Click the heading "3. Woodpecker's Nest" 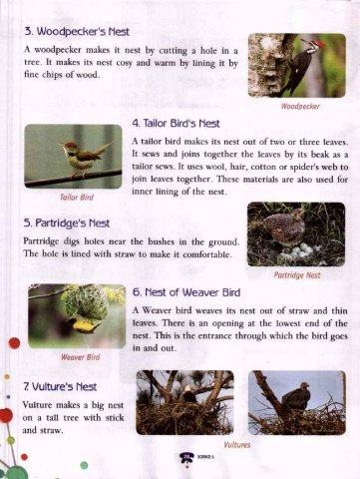coord(77,32)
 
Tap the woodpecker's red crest coord(321,44)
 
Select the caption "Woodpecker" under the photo coord(300,107)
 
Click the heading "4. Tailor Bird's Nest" coord(176,124)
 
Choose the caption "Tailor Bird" coord(77,198)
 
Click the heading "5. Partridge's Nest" coord(67,223)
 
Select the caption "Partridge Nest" coord(297,275)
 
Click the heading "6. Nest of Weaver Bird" coord(186,292)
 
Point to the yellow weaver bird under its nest coord(84,324)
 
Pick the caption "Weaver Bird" coord(80,357)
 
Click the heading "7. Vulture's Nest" coord(60,387)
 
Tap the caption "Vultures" coord(236,445)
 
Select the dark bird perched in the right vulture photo coord(296,396)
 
